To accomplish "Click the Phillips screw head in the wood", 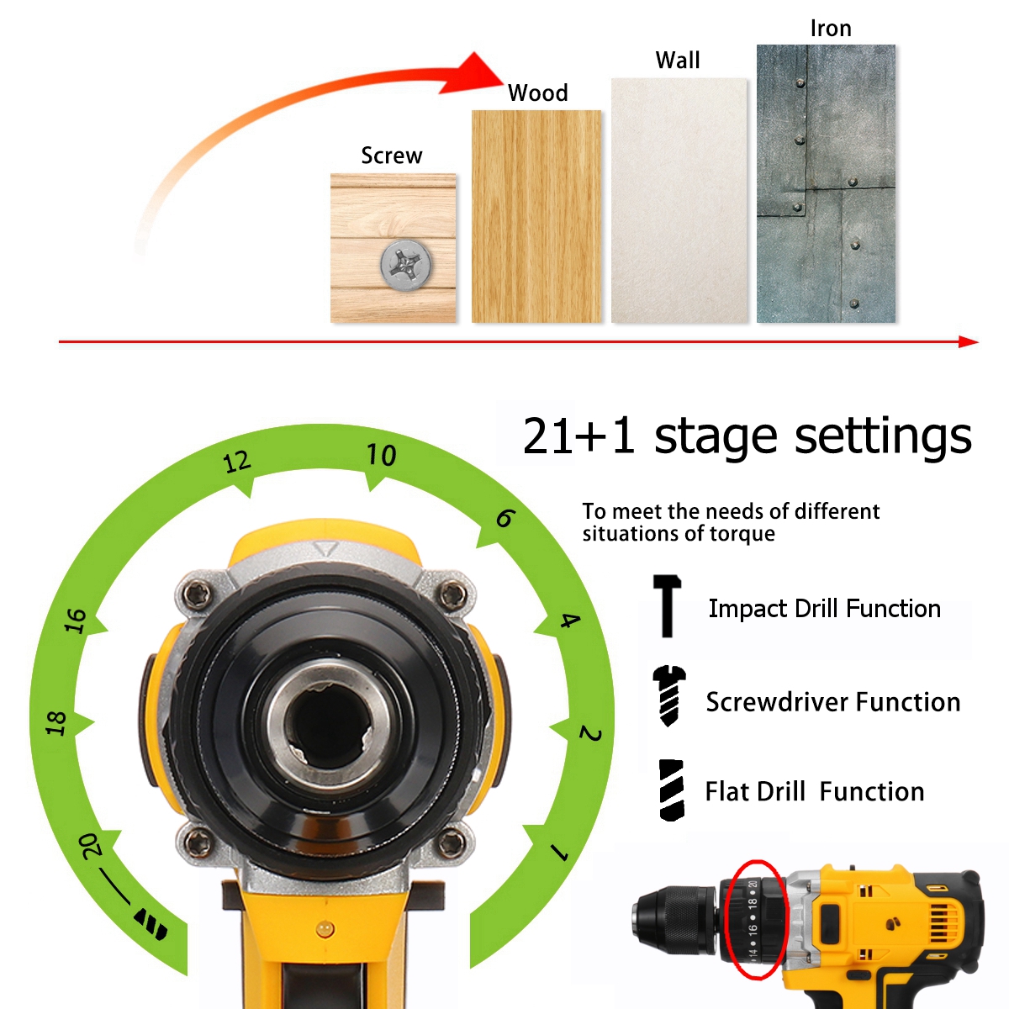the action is click(406, 265).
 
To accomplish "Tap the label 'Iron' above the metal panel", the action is click(831, 29).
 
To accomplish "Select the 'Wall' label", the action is click(677, 61).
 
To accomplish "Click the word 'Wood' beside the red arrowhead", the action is click(537, 93).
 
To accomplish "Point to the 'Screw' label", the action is click(391, 156).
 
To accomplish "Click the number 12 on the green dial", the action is click(237, 462).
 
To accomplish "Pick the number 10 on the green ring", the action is click(381, 455).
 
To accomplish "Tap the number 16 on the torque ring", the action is click(76, 621).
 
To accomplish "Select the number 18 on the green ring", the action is click(55, 723).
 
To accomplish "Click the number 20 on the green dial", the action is click(90, 846).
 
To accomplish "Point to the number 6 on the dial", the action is click(505, 519).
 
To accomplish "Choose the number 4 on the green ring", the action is click(570, 621).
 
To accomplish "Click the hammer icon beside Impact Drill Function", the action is click(667, 605).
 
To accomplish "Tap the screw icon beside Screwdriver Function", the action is click(668, 696).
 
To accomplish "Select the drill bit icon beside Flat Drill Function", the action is click(671, 790).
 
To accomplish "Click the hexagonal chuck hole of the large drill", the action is click(329, 724).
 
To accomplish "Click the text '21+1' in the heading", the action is click(578, 436).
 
